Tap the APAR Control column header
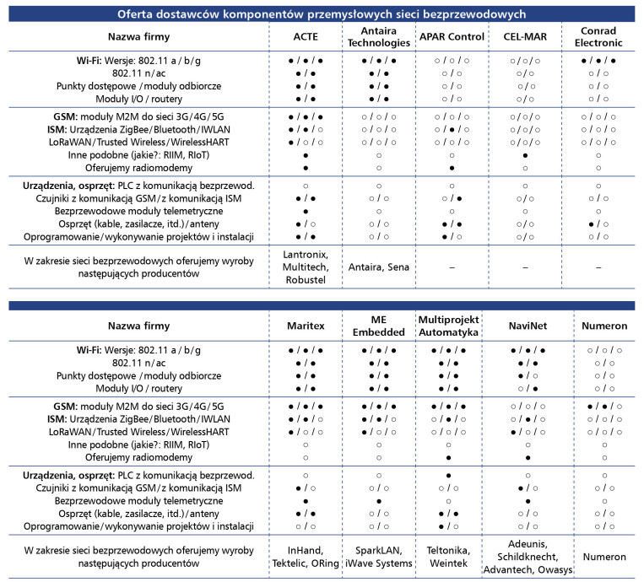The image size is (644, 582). click(x=452, y=37)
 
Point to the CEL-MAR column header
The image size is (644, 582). click(x=527, y=37)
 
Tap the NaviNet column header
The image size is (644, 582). click(x=527, y=326)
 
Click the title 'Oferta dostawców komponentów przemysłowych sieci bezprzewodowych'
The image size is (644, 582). click(x=321, y=14)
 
